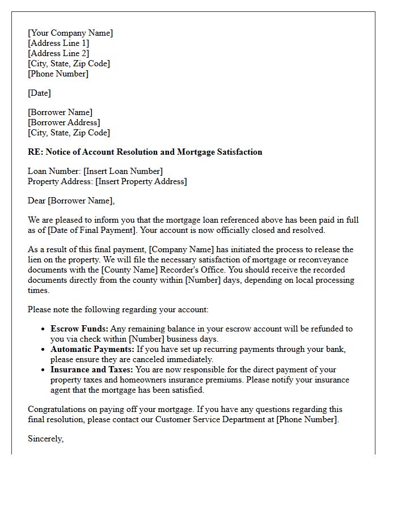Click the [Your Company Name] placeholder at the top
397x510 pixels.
pos(70,33)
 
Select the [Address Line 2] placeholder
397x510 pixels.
pos(58,53)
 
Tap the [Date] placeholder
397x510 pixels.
pos(39,93)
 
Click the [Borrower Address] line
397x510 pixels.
pos(64,122)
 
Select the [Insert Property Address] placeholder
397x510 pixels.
pos(141,181)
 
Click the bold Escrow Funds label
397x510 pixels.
pos(79,329)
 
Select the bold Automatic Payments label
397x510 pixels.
pos(92,349)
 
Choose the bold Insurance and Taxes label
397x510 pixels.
pos(92,369)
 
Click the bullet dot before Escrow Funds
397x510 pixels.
pos(44,329)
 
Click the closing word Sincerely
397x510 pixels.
pos(45,439)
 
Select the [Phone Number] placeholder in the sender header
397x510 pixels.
pos(58,74)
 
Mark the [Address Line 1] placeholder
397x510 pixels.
pos(58,43)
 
